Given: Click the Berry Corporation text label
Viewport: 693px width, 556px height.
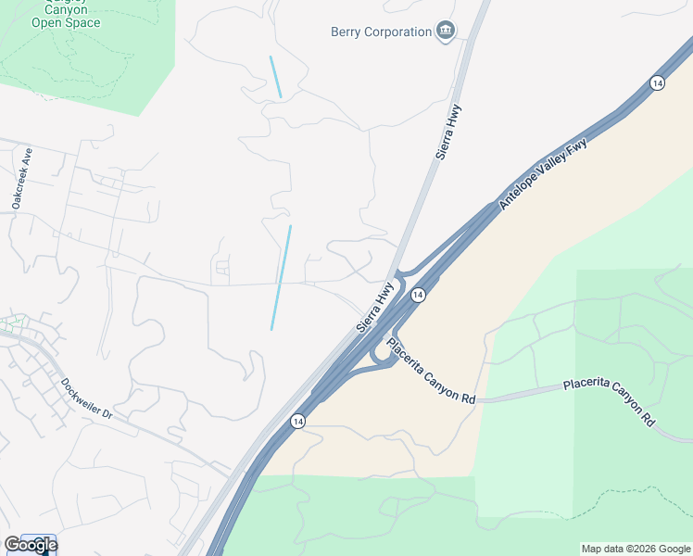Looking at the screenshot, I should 381,32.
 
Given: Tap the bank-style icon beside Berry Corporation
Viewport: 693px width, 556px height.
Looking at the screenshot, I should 447,32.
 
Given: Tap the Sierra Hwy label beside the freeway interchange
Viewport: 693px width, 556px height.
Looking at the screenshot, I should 375,308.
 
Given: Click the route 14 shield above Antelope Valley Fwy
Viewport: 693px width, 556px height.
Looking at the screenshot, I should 657,83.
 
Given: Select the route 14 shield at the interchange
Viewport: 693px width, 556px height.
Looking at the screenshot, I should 418,295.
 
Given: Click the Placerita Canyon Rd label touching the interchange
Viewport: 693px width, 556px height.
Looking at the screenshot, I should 431,372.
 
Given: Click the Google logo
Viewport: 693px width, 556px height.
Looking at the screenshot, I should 30,545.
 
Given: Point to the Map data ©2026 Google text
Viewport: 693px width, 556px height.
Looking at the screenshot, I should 636,549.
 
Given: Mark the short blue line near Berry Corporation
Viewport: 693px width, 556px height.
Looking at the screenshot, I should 275,77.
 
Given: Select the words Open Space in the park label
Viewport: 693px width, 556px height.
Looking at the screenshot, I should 66,21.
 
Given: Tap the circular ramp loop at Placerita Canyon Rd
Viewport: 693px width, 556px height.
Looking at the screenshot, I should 380,355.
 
